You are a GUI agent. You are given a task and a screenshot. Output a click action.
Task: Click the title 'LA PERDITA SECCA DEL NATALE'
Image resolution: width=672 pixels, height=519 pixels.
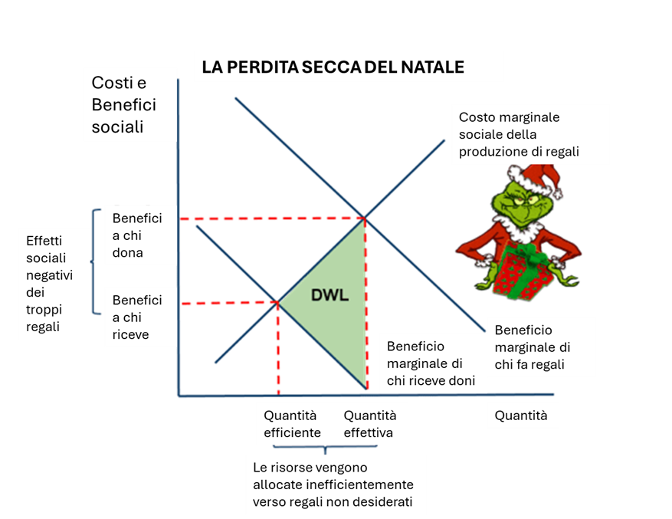pyautogui.click(x=333, y=67)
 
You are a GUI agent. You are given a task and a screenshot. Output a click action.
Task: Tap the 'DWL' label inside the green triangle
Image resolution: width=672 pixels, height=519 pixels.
pyautogui.click(x=330, y=294)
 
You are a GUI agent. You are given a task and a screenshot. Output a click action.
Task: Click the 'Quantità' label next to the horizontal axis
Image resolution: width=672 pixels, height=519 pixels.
pyautogui.click(x=521, y=416)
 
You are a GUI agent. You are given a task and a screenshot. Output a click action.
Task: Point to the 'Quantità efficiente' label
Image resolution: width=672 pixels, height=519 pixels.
pyautogui.click(x=292, y=424)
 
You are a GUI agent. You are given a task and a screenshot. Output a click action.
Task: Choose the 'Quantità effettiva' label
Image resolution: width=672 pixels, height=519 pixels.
pyautogui.click(x=370, y=424)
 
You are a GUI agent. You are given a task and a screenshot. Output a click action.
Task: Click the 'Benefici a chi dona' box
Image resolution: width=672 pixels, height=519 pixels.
pyautogui.click(x=138, y=235)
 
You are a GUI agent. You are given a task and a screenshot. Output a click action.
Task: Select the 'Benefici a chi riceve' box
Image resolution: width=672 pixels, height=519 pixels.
pyautogui.click(x=138, y=317)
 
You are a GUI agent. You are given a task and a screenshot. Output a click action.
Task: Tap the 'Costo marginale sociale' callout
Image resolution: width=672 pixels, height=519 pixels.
pyautogui.click(x=519, y=134)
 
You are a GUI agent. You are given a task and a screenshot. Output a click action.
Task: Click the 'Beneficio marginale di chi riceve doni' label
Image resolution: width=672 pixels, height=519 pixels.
pyautogui.click(x=430, y=363)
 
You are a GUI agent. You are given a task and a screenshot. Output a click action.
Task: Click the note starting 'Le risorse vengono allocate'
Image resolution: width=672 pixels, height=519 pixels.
pyautogui.click(x=333, y=484)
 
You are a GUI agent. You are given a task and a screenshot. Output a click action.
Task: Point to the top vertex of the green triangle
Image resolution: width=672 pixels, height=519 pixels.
pyautogui.click(x=364, y=219)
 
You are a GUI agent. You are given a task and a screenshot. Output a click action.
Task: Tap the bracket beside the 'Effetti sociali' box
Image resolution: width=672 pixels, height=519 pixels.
pyautogui.click(x=96, y=261)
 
